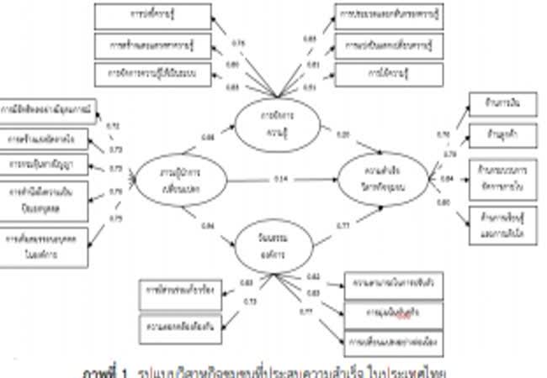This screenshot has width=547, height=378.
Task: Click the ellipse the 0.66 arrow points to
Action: (x=275, y=123)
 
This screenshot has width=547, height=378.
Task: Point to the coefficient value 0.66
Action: (x=207, y=135)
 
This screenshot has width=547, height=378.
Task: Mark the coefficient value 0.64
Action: (x=207, y=225)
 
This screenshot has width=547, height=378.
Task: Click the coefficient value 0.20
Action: (x=343, y=134)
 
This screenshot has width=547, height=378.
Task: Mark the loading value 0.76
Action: (x=237, y=43)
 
